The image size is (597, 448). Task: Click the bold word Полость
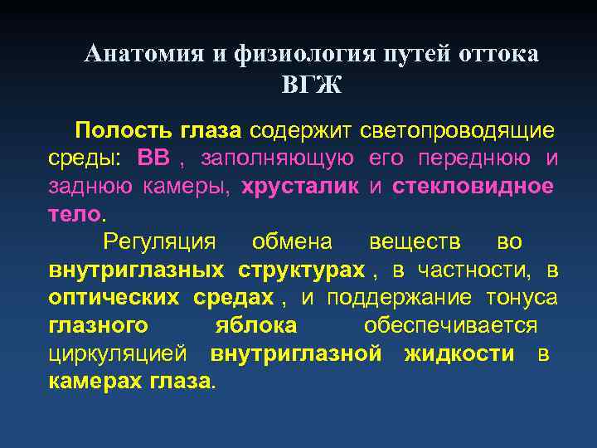coord(119,131)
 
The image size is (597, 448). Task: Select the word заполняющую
coord(279,158)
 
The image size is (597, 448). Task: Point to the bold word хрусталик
coord(300,186)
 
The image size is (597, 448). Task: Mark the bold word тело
coord(73,213)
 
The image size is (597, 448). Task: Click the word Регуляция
coord(158,241)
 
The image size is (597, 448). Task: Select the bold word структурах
coord(302,270)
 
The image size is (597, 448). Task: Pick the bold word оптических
coord(117,297)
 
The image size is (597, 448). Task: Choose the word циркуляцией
coord(121,353)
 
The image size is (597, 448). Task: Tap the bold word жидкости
coord(459,353)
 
